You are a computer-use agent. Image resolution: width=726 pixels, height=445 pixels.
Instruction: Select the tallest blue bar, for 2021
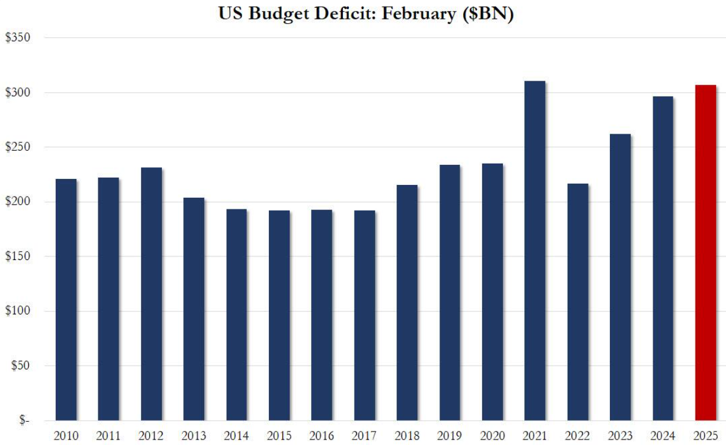(535, 250)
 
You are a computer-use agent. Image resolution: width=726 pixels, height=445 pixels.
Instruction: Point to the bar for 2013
(194, 309)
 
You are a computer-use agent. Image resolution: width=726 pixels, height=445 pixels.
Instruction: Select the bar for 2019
(450, 292)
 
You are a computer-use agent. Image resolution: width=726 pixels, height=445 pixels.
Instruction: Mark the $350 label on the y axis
(18, 38)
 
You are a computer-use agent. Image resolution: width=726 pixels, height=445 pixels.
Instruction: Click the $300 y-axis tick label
(18, 93)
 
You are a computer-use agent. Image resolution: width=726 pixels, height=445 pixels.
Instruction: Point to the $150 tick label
(18, 256)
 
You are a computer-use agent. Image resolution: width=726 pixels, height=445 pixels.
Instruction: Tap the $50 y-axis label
(20, 366)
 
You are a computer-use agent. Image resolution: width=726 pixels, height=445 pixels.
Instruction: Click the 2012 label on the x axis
(151, 436)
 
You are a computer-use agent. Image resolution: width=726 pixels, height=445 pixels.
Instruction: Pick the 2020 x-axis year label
(492, 436)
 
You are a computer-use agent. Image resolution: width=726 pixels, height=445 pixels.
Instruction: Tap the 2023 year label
(620, 436)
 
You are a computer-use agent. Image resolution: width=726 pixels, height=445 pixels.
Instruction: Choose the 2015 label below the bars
(279, 436)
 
